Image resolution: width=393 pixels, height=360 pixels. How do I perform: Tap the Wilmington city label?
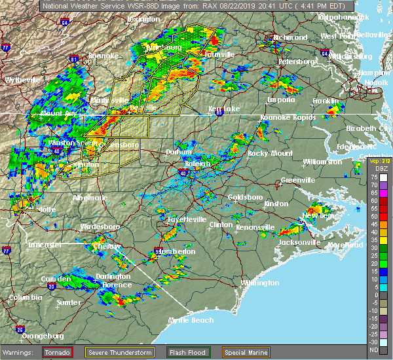point(259,283)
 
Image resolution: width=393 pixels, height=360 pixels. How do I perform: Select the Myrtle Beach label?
point(191,320)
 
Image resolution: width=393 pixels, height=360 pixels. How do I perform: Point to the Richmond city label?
point(291,37)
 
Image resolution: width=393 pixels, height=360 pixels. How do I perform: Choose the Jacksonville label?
point(299,242)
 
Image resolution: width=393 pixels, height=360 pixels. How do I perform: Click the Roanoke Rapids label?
point(288,117)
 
